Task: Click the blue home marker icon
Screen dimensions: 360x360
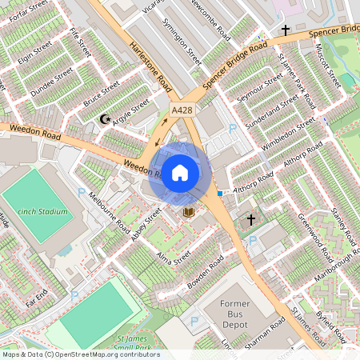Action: [180, 172]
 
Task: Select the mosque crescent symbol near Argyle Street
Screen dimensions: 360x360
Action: [103, 119]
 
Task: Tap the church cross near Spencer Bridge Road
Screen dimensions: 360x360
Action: [285, 30]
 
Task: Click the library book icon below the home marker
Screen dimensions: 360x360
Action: [189, 211]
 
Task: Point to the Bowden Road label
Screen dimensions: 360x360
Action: [205, 274]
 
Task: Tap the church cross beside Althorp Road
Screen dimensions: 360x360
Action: [250, 219]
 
